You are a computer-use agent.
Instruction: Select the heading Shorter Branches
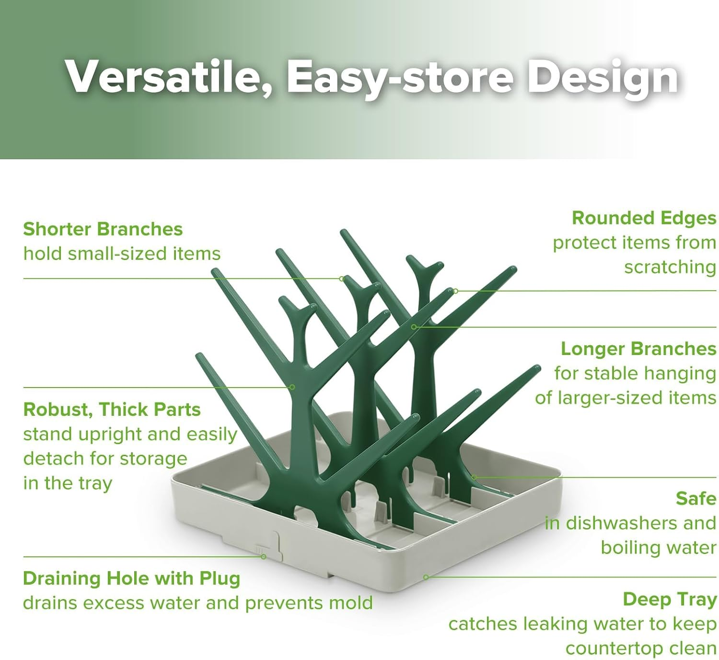[x=103, y=229]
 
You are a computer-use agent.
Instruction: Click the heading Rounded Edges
[x=644, y=218]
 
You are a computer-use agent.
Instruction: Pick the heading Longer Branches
[x=638, y=349]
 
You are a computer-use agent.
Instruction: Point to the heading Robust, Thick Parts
[x=112, y=410]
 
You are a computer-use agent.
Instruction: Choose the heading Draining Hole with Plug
[x=131, y=578]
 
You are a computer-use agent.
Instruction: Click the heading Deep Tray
[x=669, y=599]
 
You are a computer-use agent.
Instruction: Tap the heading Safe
[x=696, y=499]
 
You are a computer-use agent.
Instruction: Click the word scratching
[x=670, y=267]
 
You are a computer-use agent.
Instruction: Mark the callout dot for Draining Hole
[x=263, y=557]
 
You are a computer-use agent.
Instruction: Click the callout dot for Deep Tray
[x=426, y=577]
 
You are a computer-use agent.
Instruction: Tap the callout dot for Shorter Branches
[x=341, y=279]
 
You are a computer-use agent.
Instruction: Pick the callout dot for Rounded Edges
[x=455, y=291]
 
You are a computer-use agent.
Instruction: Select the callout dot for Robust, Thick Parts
[x=292, y=387]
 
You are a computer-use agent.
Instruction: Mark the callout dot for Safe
[x=473, y=477]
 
